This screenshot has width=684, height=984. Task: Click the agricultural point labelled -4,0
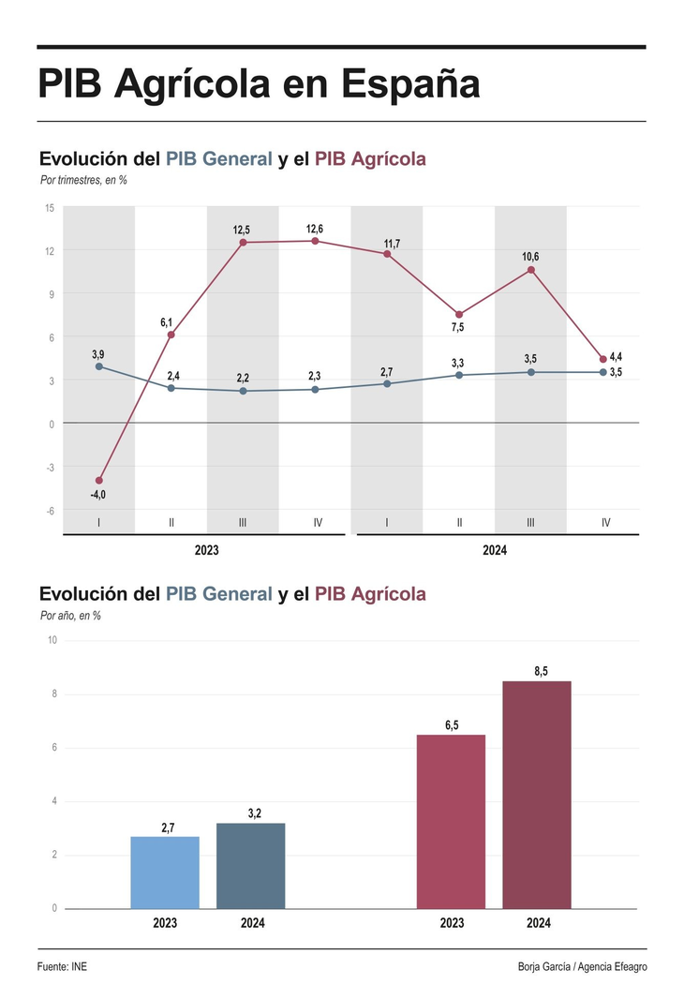(x=98, y=481)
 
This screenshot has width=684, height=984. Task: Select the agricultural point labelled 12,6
(x=315, y=241)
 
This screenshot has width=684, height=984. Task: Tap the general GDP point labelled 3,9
(x=98, y=366)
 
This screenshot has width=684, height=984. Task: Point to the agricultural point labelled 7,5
(x=459, y=315)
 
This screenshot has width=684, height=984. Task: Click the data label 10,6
(x=530, y=257)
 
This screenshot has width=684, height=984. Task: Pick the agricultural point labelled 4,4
(x=602, y=360)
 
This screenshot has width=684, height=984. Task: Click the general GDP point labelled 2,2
(x=243, y=391)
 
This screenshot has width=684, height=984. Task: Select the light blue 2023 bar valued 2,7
(x=165, y=872)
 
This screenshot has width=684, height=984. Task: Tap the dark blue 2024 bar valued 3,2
(x=251, y=865)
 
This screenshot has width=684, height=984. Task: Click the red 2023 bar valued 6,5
(x=451, y=821)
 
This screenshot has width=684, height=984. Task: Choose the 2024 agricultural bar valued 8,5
(x=537, y=794)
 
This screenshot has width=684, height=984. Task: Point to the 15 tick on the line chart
(x=50, y=207)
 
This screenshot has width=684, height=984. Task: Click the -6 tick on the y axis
(x=50, y=510)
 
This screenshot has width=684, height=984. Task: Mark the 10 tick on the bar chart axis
(x=52, y=640)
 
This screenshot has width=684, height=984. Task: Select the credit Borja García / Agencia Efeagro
(x=582, y=966)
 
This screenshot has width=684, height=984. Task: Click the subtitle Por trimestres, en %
(x=83, y=180)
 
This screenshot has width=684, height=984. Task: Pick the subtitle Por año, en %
(x=70, y=616)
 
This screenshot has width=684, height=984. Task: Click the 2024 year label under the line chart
(x=495, y=550)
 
